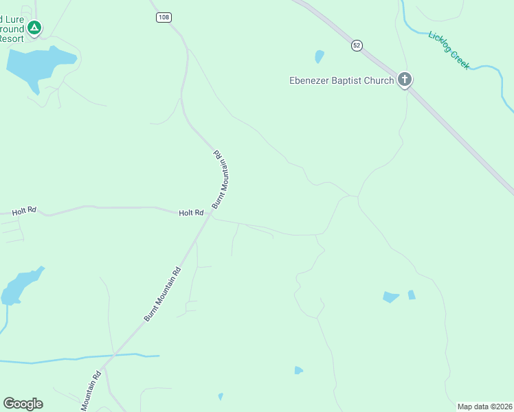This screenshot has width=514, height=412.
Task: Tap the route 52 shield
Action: tap(356, 45)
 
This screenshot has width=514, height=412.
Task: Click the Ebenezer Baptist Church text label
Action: tap(341, 80)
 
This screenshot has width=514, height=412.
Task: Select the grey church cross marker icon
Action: tap(405, 80)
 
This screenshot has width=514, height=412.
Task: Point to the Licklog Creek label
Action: tap(449, 50)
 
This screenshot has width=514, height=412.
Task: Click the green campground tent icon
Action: tap(34, 28)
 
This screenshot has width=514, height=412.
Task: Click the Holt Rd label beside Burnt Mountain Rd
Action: tap(191, 213)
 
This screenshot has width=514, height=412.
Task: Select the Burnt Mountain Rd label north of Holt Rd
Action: tap(220, 179)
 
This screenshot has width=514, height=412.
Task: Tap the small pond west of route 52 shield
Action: tap(319, 56)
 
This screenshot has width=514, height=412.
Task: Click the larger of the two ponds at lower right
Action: tap(390, 297)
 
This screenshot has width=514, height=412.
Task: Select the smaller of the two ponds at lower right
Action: tap(412, 295)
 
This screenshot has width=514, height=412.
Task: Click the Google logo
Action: tap(23, 404)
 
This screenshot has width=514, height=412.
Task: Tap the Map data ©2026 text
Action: tap(484, 407)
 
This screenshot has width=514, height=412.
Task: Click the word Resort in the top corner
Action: tap(11, 38)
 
